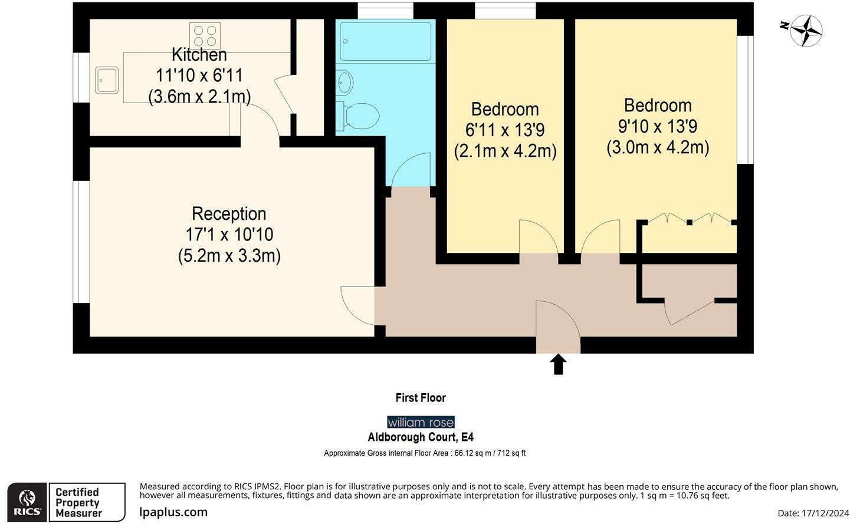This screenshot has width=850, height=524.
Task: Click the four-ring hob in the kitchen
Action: [x=205, y=35]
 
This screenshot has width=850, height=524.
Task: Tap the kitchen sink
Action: [x=106, y=80]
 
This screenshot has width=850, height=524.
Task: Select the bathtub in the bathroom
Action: [x=386, y=41]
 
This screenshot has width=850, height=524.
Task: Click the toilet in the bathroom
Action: [x=357, y=116]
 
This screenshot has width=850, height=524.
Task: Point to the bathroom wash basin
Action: [x=344, y=83]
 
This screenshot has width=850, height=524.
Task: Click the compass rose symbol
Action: [x=805, y=30]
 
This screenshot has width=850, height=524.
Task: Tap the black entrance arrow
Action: [x=558, y=364]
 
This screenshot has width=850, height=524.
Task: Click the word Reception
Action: [x=229, y=213]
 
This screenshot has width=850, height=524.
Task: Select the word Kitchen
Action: [x=199, y=55]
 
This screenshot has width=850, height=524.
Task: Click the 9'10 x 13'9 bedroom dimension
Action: [x=658, y=126]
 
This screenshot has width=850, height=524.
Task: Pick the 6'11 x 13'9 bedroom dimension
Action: [x=505, y=130]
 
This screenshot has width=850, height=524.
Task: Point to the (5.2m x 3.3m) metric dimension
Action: [x=229, y=256]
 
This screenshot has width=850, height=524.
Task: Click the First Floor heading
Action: [x=421, y=398]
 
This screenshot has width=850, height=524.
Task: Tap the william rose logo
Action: [x=421, y=422]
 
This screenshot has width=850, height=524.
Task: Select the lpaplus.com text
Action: [x=173, y=512]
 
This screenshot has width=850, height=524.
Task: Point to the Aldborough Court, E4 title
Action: [x=421, y=437]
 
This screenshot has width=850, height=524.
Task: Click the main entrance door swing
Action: [x=557, y=321]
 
